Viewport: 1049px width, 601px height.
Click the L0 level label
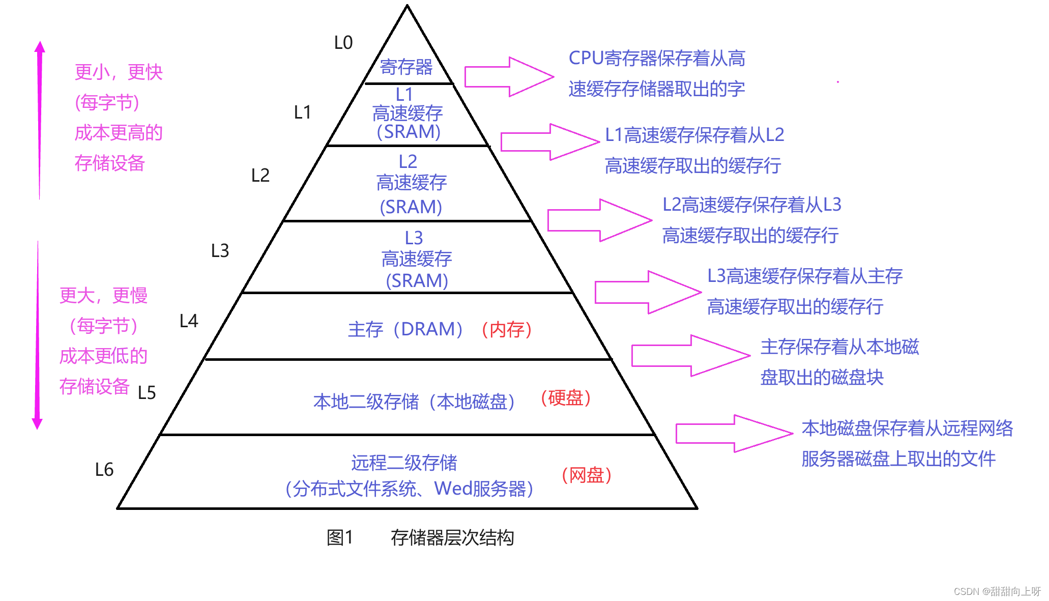(x=343, y=43)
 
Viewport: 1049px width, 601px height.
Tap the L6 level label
(x=104, y=469)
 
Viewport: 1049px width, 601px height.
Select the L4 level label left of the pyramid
(x=189, y=321)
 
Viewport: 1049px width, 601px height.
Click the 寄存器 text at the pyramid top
(x=406, y=67)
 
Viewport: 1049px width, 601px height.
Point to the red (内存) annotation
(x=507, y=329)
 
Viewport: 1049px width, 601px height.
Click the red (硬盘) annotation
(x=565, y=397)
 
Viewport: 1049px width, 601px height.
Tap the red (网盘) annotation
(x=586, y=475)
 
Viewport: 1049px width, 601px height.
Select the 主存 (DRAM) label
(x=405, y=329)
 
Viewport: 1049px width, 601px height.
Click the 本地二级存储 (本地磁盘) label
(x=414, y=402)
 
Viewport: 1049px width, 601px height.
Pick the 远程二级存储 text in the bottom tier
(x=404, y=463)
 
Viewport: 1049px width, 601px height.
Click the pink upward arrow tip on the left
(x=40, y=47)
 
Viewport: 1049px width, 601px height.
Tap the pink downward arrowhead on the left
(x=37, y=423)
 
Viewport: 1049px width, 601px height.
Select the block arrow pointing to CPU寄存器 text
(x=508, y=77)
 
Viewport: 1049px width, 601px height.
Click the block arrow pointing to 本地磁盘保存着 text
(x=733, y=434)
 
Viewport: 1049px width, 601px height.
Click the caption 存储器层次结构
(x=452, y=537)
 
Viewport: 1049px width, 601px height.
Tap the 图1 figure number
(x=339, y=537)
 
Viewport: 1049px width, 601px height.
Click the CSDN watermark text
(x=997, y=591)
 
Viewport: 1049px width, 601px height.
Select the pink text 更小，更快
(x=119, y=72)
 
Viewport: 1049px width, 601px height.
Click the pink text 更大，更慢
(x=103, y=295)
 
